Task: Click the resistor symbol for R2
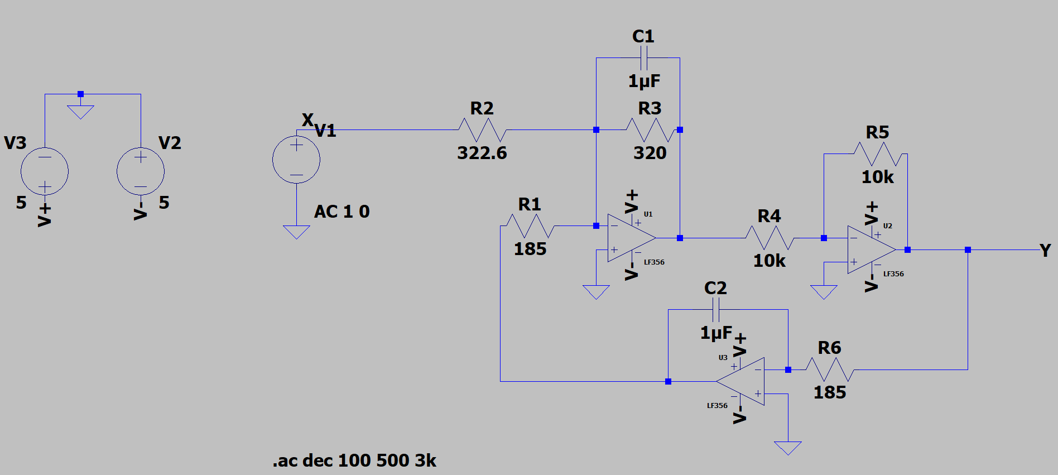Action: pyautogui.click(x=482, y=130)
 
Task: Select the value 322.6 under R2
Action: pyautogui.click(x=482, y=153)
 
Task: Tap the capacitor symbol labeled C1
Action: pyautogui.click(x=643, y=58)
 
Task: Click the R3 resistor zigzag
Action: pyautogui.click(x=650, y=130)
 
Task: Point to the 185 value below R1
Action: pyautogui.click(x=530, y=249)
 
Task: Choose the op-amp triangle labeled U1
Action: pyautogui.click(x=631, y=238)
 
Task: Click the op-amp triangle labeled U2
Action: pyautogui.click(x=871, y=250)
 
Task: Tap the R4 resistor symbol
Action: pyautogui.click(x=770, y=238)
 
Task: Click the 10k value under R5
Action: pyautogui.click(x=877, y=177)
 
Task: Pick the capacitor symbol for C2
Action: pyautogui.click(x=716, y=310)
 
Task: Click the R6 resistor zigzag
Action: pyautogui.click(x=830, y=370)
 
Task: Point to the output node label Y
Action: pyautogui.click(x=1045, y=251)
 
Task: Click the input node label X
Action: pyautogui.click(x=307, y=120)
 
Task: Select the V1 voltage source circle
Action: pyautogui.click(x=296, y=160)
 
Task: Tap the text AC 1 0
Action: pyautogui.click(x=342, y=212)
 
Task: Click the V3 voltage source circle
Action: pyautogui.click(x=45, y=171)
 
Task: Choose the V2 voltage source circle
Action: pyautogui.click(x=141, y=171)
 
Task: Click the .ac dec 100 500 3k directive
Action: pyautogui.click(x=354, y=460)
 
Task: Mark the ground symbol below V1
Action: pyautogui.click(x=296, y=231)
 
